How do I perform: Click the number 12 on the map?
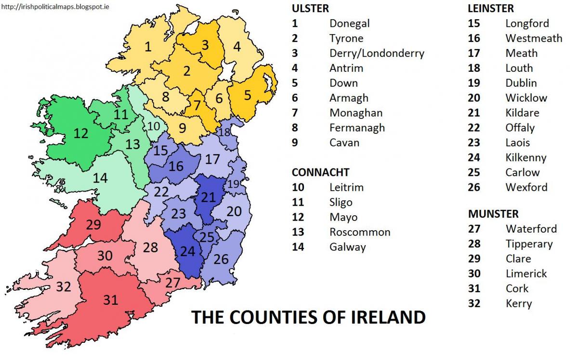tap(81, 133)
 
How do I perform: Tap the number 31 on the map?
tap(111, 300)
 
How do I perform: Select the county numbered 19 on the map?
tap(234, 183)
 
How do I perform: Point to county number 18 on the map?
tap(224, 132)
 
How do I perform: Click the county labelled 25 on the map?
tap(207, 237)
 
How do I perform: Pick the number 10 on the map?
tap(154, 126)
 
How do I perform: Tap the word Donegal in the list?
tap(349, 23)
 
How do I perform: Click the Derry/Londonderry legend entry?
tap(377, 53)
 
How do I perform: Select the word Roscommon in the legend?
tap(360, 232)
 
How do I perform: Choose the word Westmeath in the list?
tap(534, 38)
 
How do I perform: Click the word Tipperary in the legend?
tap(529, 244)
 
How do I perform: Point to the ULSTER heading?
tap(310, 8)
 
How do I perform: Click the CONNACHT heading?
tap(321, 172)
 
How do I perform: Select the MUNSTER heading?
tap(493, 214)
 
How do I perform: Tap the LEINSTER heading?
tap(491, 8)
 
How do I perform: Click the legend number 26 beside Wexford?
tap(474, 187)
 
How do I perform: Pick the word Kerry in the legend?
tap(519, 303)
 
